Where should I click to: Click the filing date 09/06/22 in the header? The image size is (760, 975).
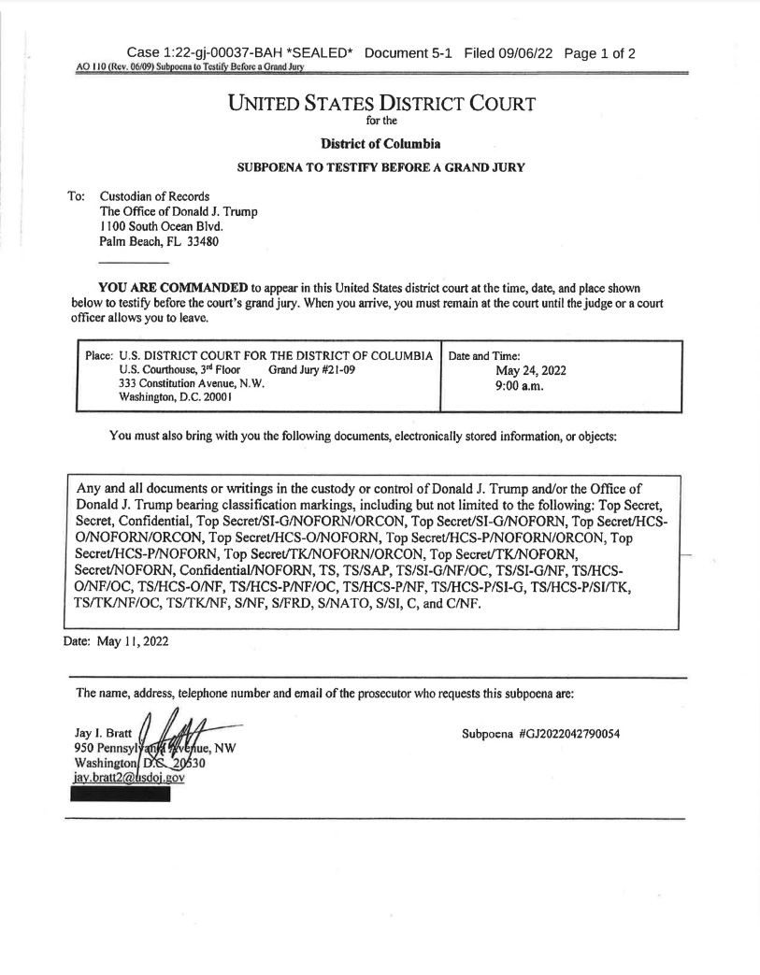(x=523, y=53)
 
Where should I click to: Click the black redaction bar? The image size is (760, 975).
(x=121, y=796)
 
